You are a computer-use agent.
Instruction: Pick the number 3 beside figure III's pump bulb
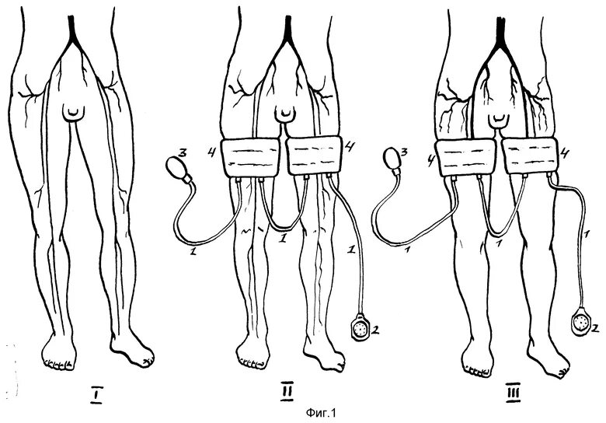pyautogui.click(x=405, y=151)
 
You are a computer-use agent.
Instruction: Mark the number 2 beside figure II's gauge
pyautogui.click(x=378, y=331)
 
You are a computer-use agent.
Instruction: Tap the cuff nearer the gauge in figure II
pyautogui.click(x=315, y=155)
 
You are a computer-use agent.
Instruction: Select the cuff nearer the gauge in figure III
pyautogui.click(x=531, y=156)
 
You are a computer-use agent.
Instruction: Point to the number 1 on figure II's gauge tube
pyautogui.click(x=350, y=248)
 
